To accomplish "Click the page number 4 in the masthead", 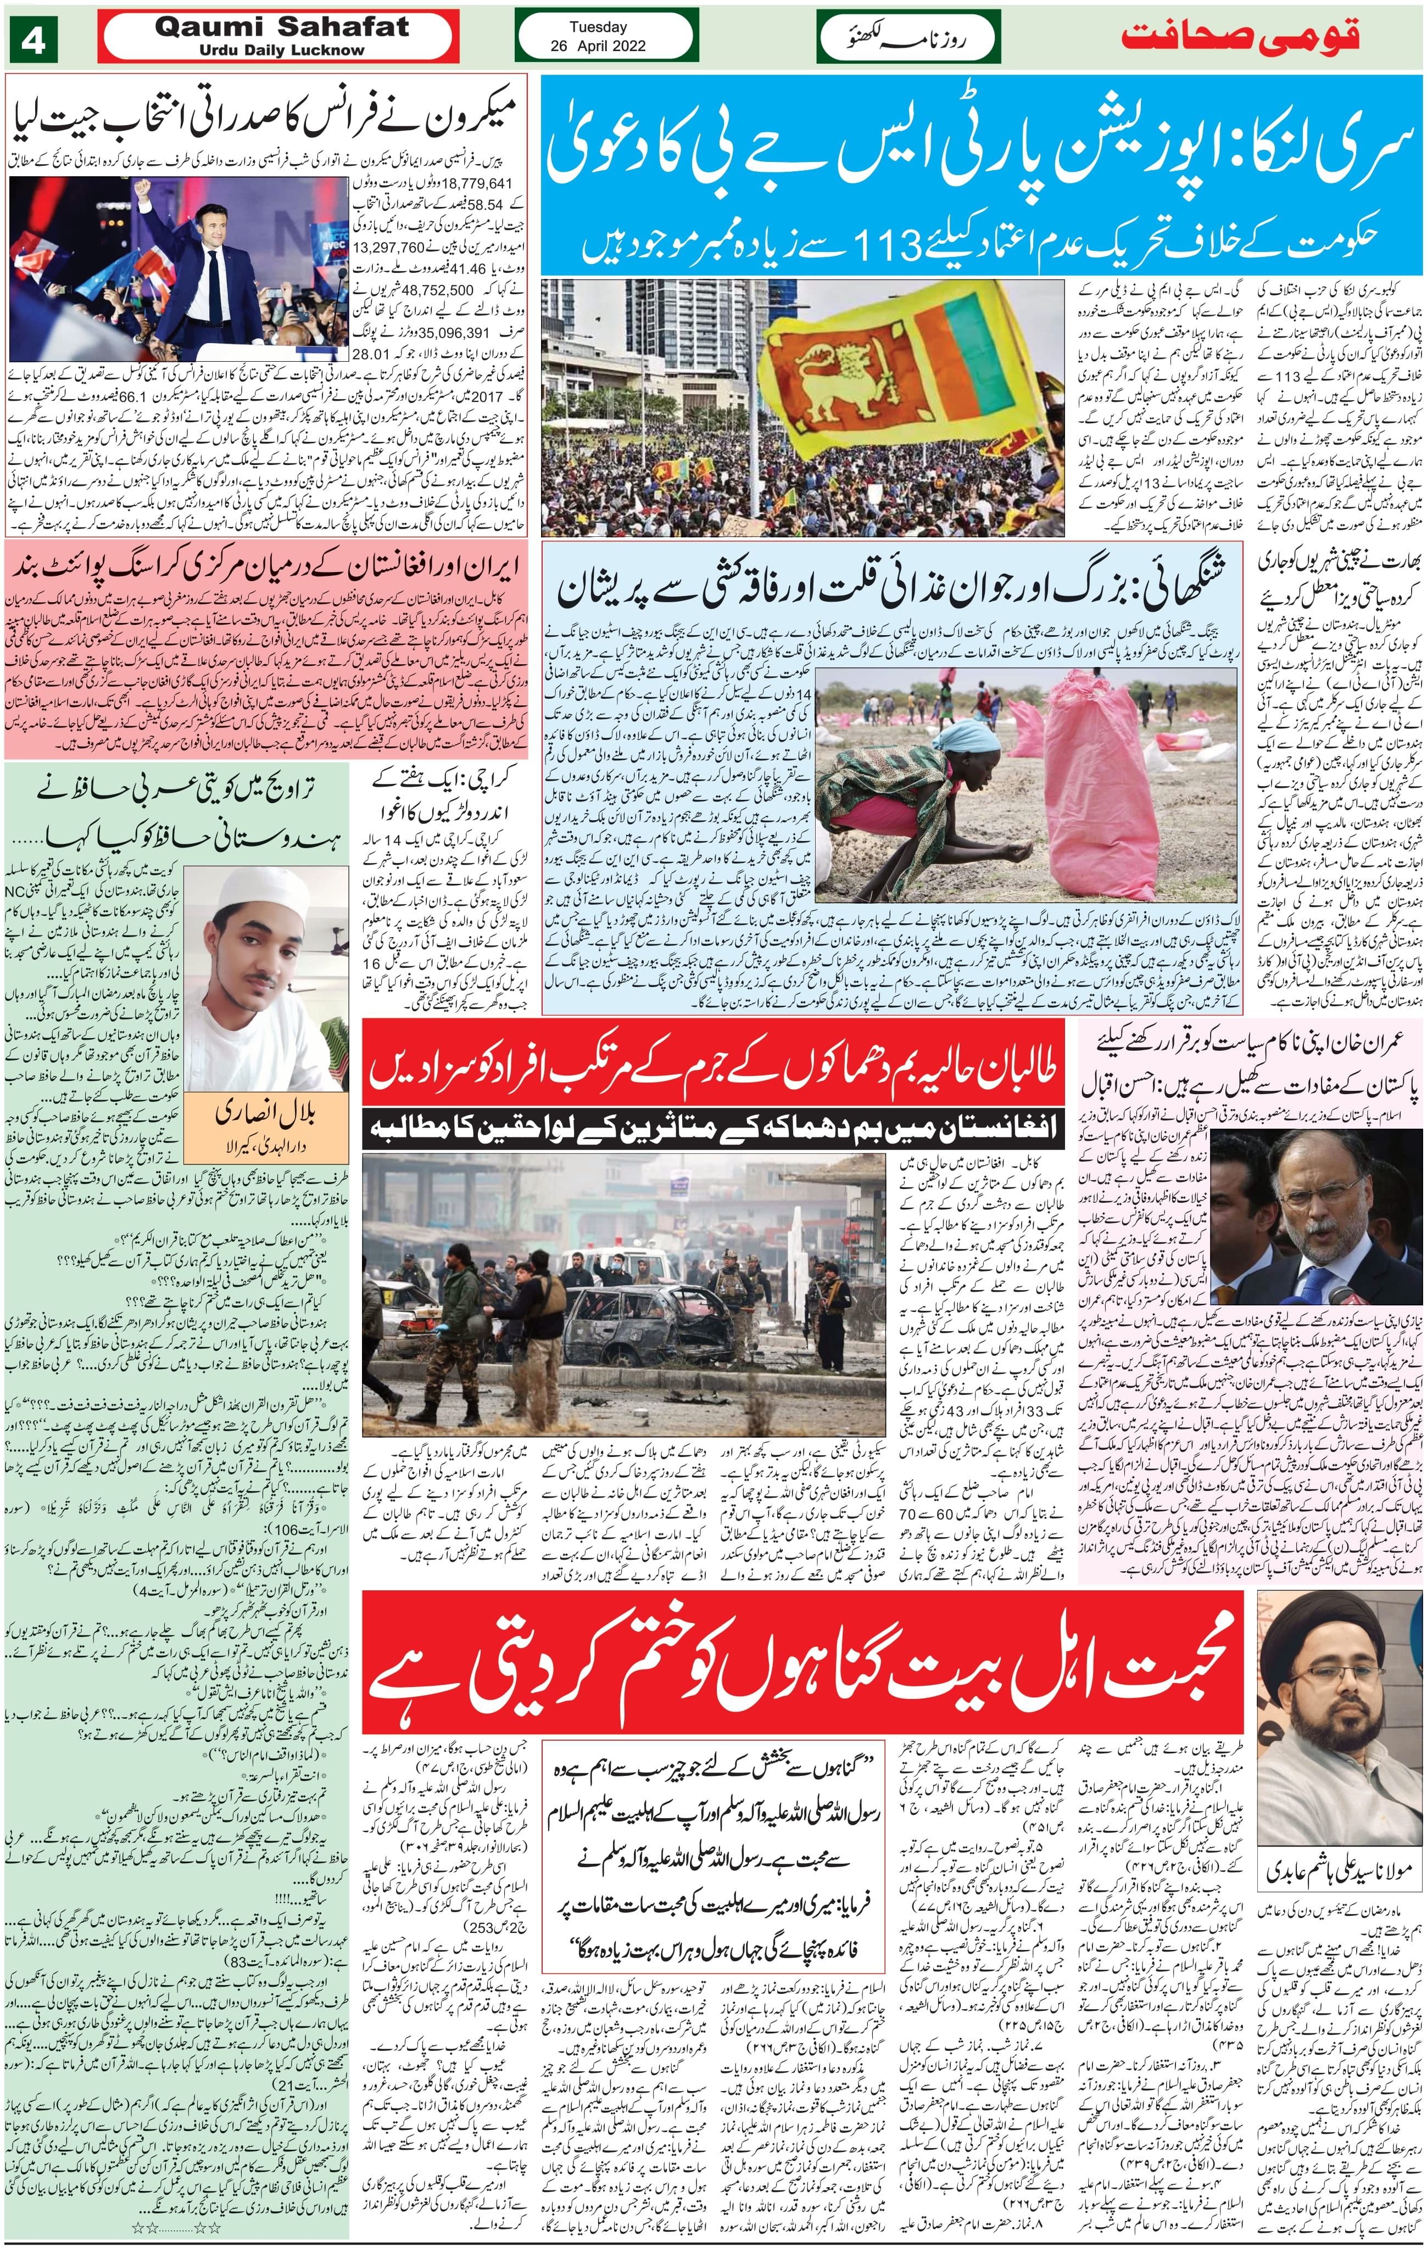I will coord(34,43).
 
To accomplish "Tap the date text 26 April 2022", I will coord(598,45).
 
